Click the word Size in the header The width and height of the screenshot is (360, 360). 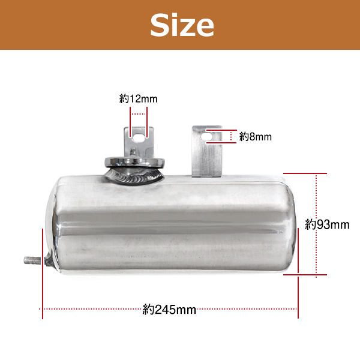tap(182, 25)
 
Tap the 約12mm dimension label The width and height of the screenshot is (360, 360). tap(138, 99)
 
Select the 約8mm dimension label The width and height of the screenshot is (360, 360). tap(256, 137)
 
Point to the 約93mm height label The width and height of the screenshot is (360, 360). tap(327, 224)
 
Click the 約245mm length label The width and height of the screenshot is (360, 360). tap(169, 310)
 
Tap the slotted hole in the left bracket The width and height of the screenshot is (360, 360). tap(139, 137)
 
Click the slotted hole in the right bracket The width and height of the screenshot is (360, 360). tap(206, 137)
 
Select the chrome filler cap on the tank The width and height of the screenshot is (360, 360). tap(134, 162)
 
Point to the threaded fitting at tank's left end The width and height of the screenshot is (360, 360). tap(32, 260)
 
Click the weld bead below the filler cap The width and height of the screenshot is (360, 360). tap(135, 176)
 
